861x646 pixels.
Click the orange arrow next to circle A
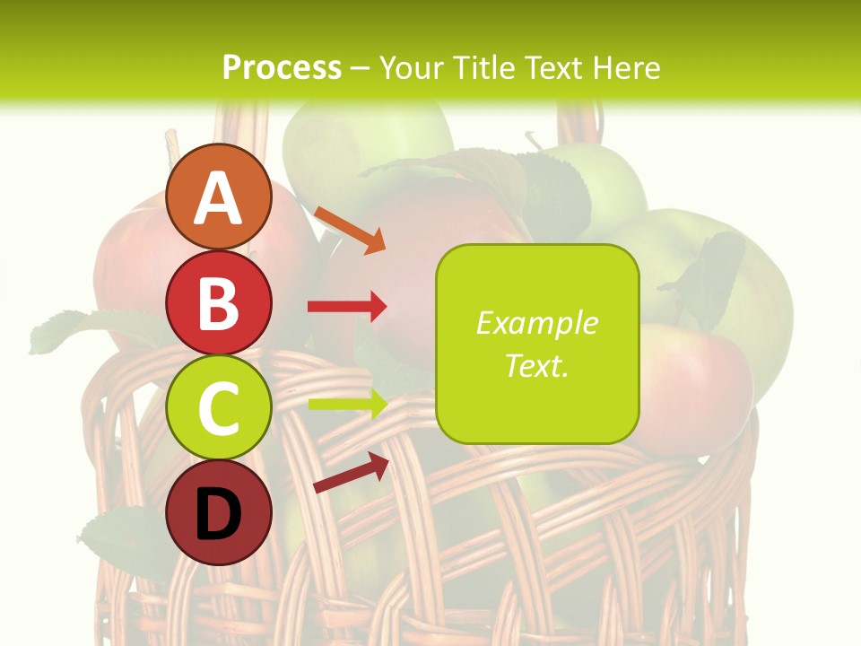point(350,229)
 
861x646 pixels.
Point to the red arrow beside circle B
point(347,307)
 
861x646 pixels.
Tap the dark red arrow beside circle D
point(351,473)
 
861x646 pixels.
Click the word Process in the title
point(282,67)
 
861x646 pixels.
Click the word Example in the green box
point(536,323)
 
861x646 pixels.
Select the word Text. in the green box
point(536,365)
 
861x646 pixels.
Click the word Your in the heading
point(413,67)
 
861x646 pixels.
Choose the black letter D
point(218,514)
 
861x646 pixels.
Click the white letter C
point(218,408)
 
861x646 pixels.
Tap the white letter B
point(218,303)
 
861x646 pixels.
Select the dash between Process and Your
point(360,69)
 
